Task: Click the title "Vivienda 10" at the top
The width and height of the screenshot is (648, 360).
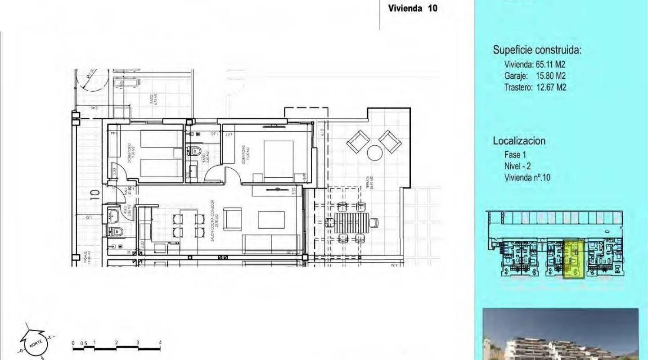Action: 413,8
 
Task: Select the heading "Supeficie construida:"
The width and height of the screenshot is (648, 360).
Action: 537,50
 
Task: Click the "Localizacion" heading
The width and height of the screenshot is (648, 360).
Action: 519,141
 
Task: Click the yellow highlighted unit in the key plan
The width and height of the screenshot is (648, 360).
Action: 574,259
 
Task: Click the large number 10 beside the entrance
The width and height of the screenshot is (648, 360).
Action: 94,194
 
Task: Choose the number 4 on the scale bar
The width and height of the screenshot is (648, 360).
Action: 160,343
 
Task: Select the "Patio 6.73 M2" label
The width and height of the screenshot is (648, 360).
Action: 154,100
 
